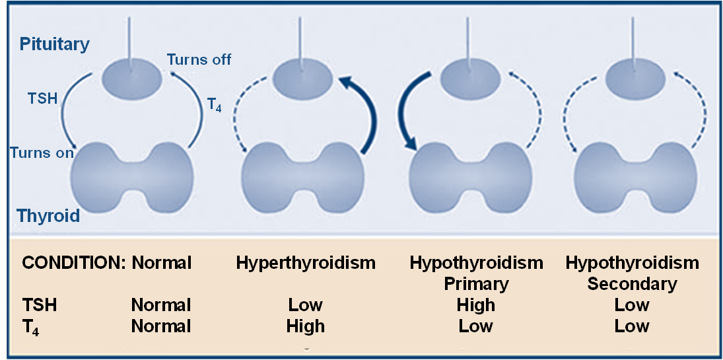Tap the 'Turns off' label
(x=199, y=59)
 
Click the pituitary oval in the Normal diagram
(x=132, y=77)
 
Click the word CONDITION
(x=73, y=263)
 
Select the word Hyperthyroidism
(x=306, y=263)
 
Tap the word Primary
(x=476, y=284)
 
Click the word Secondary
(x=632, y=284)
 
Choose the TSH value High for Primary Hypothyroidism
(x=476, y=305)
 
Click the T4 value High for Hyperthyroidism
(x=305, y=326)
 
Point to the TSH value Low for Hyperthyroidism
(x=305, y=305)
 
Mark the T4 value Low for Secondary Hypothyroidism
(x=632, y=326)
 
